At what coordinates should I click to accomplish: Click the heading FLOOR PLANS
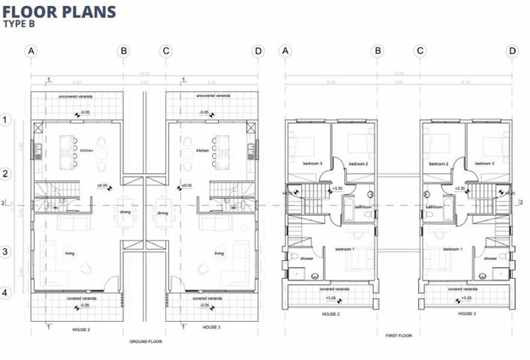59,11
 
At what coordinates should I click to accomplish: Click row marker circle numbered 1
5,119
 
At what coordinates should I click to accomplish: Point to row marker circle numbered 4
5,293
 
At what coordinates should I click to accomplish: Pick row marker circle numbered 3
5,252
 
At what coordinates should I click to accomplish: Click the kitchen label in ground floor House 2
86,151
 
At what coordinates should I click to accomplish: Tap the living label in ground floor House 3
219,253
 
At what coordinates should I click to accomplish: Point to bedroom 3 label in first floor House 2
312,163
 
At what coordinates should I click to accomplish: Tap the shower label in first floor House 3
489,258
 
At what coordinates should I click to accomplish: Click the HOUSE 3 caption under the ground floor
211,328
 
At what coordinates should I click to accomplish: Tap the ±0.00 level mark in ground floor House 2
103,185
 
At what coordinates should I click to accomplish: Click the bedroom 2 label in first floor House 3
438,163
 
